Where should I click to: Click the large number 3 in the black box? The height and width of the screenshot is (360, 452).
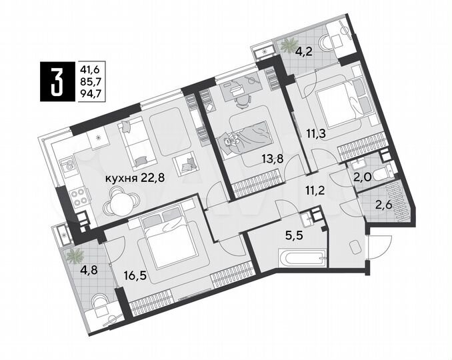coord(58,80)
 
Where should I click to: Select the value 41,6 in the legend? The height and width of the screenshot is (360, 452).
coord(90,67)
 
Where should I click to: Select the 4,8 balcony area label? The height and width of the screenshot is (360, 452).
coord(79,271)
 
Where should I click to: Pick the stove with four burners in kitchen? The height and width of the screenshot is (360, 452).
coord(78,195)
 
